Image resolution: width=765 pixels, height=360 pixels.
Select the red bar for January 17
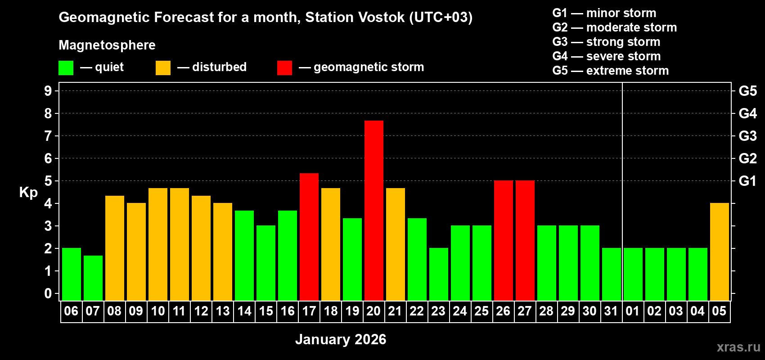309,237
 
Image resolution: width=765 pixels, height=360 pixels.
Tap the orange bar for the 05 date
719,252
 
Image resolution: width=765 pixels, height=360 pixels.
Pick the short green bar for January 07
93,278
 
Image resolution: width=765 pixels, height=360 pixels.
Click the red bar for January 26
503,240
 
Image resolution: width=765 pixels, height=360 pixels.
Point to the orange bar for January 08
114,248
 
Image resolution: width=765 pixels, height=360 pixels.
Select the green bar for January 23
438,274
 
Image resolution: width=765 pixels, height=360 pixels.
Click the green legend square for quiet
66,68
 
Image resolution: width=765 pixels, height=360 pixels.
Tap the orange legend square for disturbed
163,68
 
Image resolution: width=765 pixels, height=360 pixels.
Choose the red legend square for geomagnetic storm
284,68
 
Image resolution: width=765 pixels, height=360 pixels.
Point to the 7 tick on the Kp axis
48,136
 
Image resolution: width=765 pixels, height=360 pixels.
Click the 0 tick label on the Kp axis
48,293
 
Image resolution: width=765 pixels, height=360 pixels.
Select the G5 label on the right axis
747,91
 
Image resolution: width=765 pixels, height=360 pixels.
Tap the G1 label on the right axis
747,181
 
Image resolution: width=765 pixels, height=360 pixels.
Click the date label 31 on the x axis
611,311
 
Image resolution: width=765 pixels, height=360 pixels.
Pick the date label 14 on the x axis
244,311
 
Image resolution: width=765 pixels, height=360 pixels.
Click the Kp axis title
28,192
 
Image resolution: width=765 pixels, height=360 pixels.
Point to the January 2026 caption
341,339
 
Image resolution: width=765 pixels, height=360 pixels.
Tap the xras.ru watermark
738,347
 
